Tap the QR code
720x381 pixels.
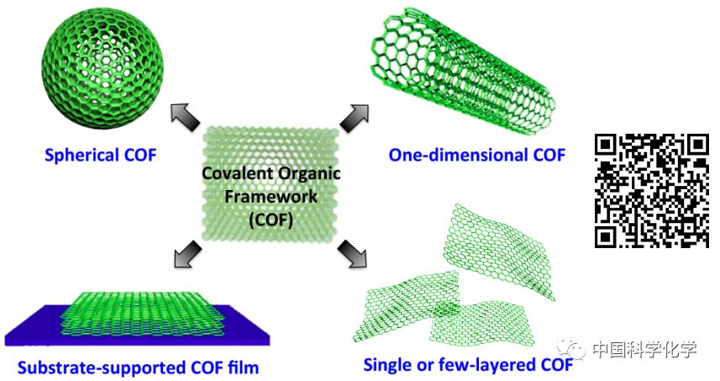coord(651,190)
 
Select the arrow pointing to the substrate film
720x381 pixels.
coord(186,251)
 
